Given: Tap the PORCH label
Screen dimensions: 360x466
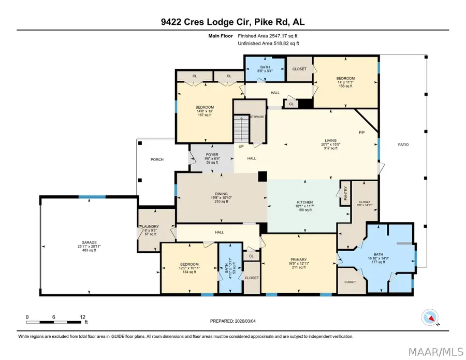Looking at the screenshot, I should click(157, 160).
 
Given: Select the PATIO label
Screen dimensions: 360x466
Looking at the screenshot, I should click(403, 145).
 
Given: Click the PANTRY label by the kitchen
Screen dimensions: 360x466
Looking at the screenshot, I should click(345, 195).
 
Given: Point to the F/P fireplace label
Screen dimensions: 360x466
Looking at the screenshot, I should click(362, 132).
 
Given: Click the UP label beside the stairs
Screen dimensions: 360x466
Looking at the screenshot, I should click(241, 147).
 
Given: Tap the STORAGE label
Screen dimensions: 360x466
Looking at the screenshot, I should click(257, 117).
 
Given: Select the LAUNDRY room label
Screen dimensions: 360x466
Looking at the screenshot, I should click(150, 226).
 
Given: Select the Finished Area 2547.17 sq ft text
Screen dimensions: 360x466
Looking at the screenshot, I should click(267, 36).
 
